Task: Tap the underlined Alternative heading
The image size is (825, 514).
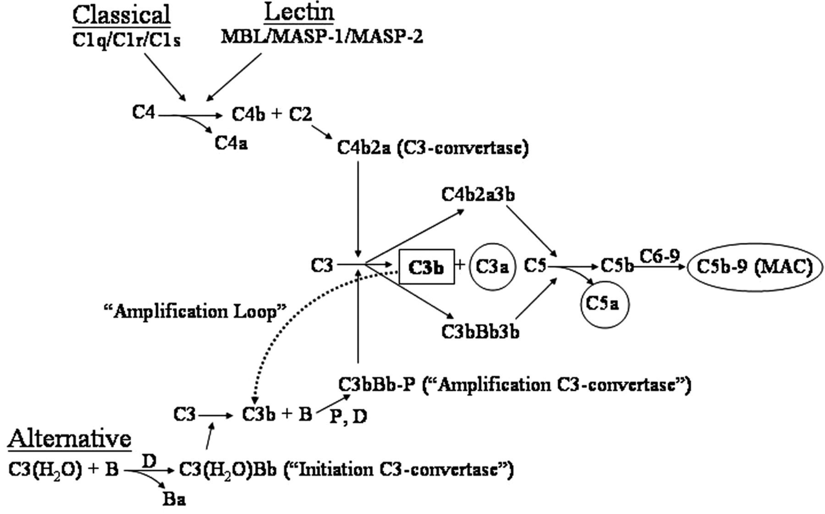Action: point(70,439)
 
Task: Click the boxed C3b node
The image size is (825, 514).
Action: point(427,268)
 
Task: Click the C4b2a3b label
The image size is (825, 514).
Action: point(479,195)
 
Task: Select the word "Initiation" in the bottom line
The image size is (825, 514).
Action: point(328,470)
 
